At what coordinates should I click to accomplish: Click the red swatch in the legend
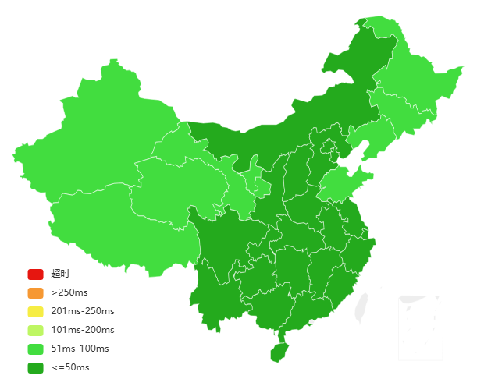point(35,274)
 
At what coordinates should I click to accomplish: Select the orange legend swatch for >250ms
point(35,293)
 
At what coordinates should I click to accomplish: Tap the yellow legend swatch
point(35,312)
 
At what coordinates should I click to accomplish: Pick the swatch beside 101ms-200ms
point(35,330)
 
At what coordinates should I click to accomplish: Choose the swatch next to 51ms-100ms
point(35,349)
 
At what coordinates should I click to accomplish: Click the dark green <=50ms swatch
point(35,367)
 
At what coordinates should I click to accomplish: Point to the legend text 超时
point(60,274)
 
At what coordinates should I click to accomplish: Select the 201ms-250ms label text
point(82,312)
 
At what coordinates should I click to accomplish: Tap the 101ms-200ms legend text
point(82,330)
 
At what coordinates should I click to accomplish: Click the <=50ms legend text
point(70,367)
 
